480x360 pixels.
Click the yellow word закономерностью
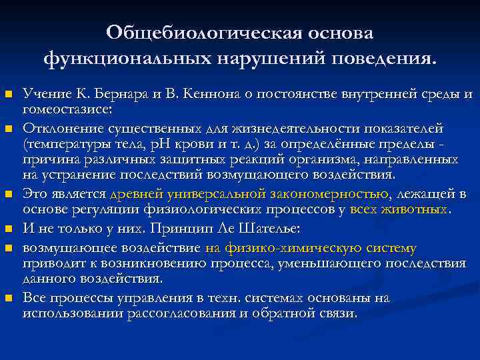pyautogui.click(x=330, y=194)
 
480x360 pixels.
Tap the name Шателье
pyautogui.click(x=270, y=229)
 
